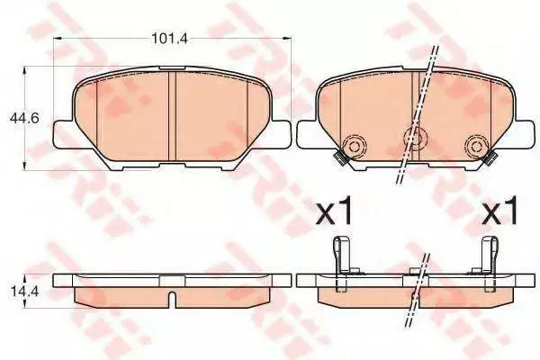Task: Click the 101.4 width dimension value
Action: [169, 38]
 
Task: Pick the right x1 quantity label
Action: [500, 211]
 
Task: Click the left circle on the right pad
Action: [354, 146]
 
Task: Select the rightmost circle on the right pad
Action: [477, 146]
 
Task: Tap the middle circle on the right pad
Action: [417, 138]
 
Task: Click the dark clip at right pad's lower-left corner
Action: [341, 157]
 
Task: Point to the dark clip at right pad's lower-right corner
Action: [490, 157]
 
